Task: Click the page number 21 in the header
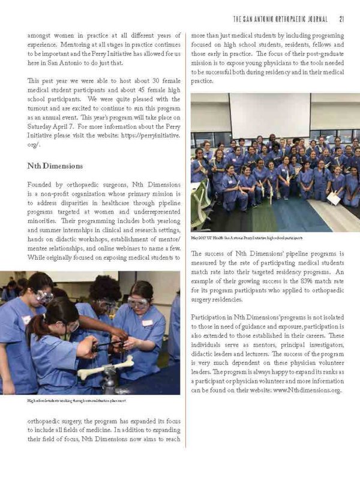pyautogui.click(x=341, y=17)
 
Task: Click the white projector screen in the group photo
pyautogui.click(x=269, y=115)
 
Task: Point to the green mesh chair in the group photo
pyautogui.click(x=202, y=198)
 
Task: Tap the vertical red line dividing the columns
pyautogui.click(x=185, y=240)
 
